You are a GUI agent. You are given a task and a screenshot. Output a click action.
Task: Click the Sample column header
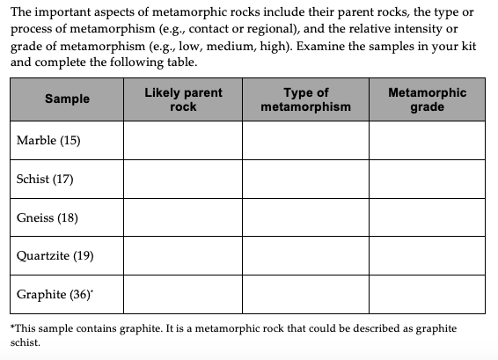pos(67,99)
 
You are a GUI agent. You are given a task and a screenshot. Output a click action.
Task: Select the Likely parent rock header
pos(183,99)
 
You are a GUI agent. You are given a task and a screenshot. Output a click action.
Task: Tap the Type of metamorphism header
pos(305,99)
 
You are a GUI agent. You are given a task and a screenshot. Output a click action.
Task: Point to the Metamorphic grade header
pos(427,99)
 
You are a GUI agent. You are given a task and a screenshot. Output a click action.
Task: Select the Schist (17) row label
pos(45,180)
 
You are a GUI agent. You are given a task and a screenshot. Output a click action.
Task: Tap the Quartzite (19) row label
pos(51,257)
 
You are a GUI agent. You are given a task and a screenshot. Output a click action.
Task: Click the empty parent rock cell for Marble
pos(183,141)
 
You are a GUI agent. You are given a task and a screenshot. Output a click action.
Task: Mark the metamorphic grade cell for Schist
pos(427,180)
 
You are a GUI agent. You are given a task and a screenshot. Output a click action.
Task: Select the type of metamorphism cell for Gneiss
pos(305,218)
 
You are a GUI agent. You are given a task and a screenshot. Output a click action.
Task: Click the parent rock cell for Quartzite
pos(183,257)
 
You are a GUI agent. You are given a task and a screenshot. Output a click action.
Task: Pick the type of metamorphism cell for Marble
pos(305,141)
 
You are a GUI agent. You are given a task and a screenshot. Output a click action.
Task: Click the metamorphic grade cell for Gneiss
pos(427,218)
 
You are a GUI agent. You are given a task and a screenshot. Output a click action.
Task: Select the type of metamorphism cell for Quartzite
pos(305,257)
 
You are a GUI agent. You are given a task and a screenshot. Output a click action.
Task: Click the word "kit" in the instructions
pos(467,48)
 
